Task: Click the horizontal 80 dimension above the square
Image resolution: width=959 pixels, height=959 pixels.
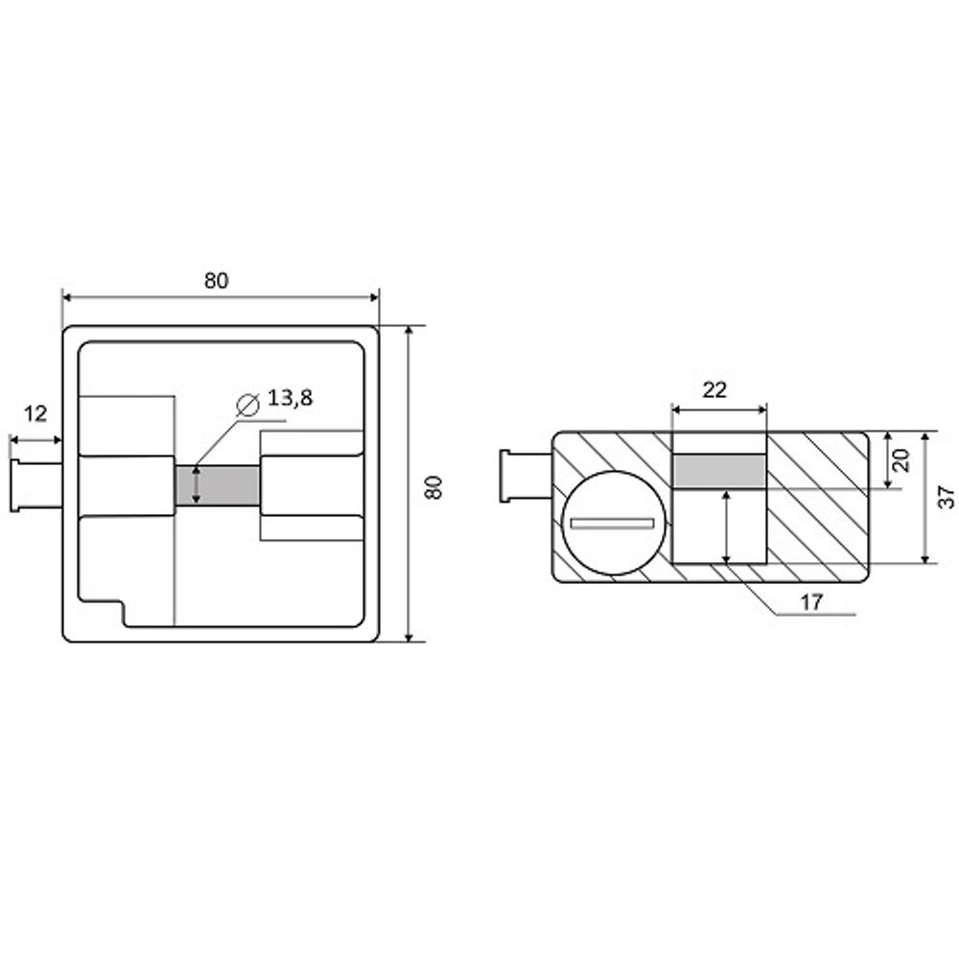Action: coord(216,281)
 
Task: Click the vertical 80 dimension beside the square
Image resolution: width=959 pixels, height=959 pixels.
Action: coord(433,487)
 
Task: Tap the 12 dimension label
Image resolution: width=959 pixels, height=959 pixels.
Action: coord(35,414)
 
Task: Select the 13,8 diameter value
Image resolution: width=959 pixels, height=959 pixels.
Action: coord(290,398)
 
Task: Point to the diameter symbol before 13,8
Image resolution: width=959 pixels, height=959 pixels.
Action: coord(247,405)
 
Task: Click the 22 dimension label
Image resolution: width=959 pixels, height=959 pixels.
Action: coord(714,389)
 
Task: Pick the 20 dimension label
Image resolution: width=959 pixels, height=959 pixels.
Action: coord(901,460)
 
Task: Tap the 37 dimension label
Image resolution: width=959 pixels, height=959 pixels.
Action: coord(946,496)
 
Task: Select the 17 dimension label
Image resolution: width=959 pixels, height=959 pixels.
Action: coord(811,602)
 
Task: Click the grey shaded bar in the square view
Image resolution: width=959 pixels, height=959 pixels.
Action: coord(217,485)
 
